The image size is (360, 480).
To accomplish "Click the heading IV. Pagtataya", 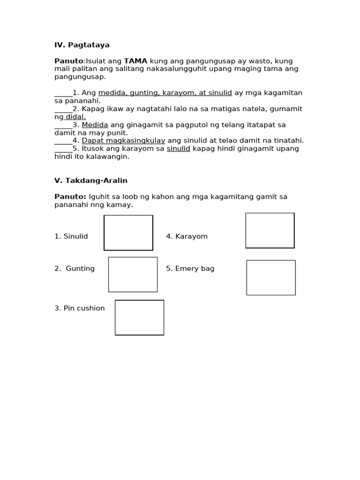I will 82,45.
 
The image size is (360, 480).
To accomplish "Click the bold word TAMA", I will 135,61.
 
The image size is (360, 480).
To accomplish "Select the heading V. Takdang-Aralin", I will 91,180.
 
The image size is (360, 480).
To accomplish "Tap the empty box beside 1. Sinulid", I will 128,233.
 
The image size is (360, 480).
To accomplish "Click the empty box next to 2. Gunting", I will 133,275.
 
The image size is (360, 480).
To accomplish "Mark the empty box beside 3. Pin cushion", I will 139,318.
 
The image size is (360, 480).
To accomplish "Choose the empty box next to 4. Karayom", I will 270,231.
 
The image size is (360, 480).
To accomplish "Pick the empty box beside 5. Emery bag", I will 271,278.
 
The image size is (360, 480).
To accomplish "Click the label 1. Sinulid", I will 71,237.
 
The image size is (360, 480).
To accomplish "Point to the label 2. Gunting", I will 75,269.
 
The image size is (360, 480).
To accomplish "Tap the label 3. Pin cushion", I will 80,308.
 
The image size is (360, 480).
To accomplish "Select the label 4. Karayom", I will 187,237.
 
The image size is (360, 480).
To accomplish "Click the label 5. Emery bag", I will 190,269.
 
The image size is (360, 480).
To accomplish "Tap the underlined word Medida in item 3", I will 95,125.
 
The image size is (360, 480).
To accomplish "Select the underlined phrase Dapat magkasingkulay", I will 123,141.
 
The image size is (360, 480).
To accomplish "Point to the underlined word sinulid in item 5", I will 178,149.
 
